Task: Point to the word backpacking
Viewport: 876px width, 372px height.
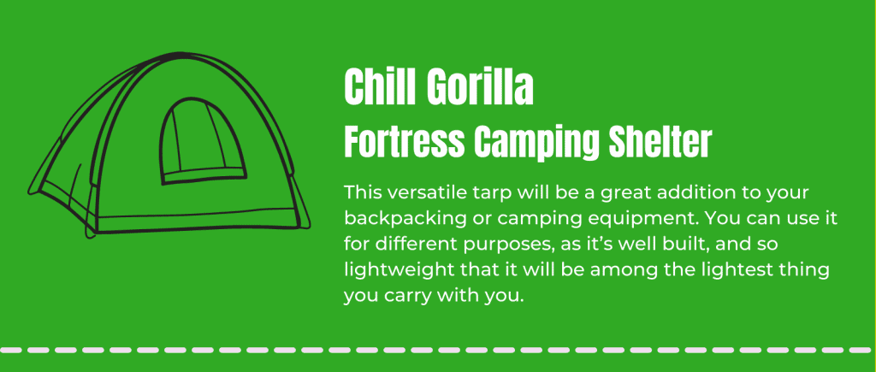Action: pos(400,220)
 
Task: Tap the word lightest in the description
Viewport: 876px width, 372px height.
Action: pos(742,272)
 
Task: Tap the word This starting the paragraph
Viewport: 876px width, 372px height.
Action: pos(362,193)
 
